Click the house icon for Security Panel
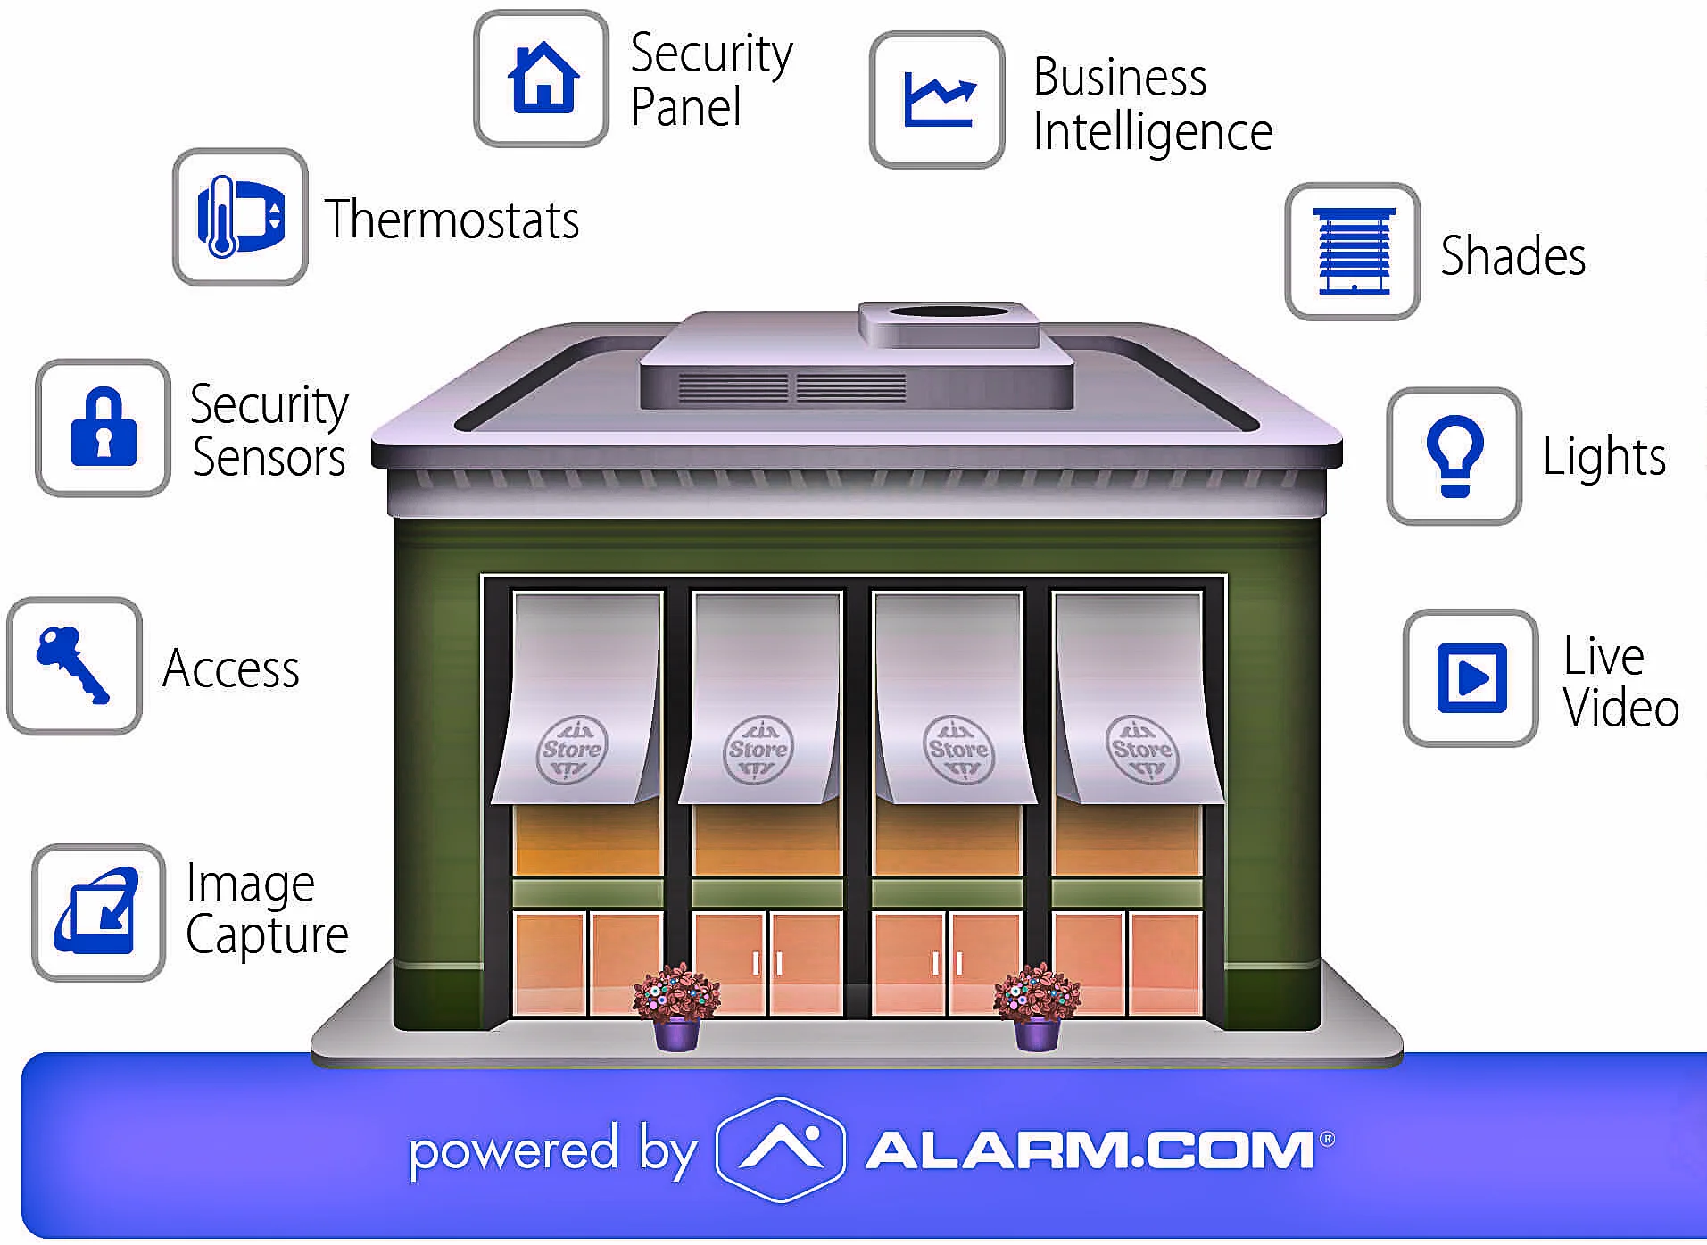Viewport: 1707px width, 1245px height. (x=542, y=79)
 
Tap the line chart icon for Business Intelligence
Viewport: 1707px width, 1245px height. (x=937, y=100)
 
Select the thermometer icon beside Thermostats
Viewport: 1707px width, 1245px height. (x=239, y=217)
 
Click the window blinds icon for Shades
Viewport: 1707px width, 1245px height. (x=1352, y=252)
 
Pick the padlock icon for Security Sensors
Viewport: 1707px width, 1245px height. (x=104, y=427)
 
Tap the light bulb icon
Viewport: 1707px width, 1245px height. (x=1454, y=456)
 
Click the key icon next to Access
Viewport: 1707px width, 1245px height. (x=73, y=666)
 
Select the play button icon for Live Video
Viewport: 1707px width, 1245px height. (x=1471, y=678)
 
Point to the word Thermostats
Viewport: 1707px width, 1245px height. (x=452, y=220)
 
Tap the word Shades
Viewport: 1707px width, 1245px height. (x=1513, y=256)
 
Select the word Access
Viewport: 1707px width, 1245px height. (x=231, y=668)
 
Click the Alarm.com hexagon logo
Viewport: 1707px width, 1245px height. (x=781, y=1149)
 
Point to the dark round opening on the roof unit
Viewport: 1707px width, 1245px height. (x=949, y=312)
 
